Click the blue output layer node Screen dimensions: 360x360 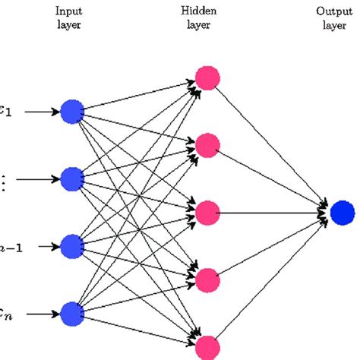tap(343, 213)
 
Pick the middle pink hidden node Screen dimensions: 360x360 tap(207, 213)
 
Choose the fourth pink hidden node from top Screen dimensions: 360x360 tap(207, 280)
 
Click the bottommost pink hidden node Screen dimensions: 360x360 tap(207, 347)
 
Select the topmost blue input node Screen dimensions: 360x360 tap(71, 112)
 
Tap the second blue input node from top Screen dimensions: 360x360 tap(71, 179)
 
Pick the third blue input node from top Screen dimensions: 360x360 tap(71, 246)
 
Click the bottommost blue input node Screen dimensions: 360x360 tap(71, 313)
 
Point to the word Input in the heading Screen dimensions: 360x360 tap(68, 11)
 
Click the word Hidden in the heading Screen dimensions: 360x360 tap(207, 11)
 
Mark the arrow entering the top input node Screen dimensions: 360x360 tap(38, 112)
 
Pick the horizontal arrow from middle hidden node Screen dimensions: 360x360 tap(273, 213)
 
